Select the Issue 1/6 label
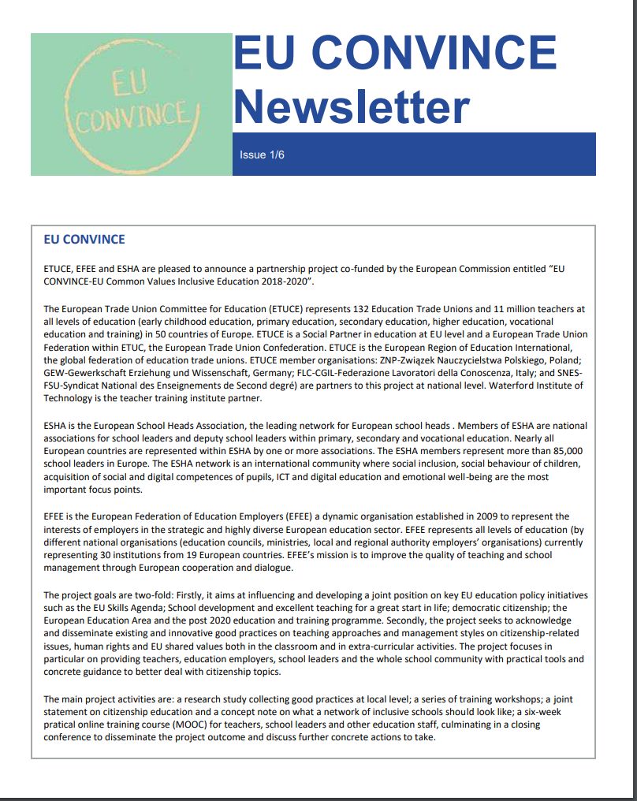(x=262, y=155)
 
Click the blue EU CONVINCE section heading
(x=84, y=240)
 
